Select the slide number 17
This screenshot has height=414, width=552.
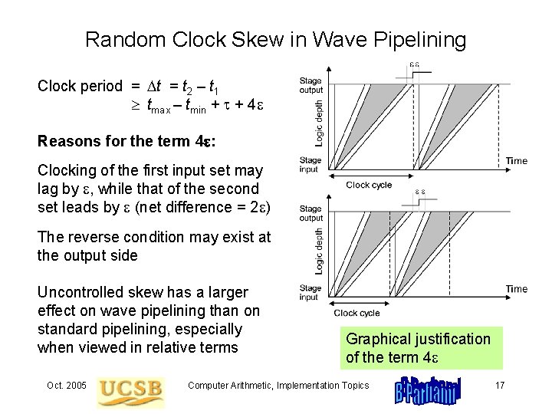click(499, 386)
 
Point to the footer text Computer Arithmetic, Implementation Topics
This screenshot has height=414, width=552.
click(278, 386)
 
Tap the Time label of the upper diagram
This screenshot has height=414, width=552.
click(517, 161)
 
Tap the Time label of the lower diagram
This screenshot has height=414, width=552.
click(517, 289)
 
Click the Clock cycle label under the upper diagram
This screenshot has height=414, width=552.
click(369, 185)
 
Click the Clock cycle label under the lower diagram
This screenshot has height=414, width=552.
click(357, 313)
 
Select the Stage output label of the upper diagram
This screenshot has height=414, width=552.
click(310, 85)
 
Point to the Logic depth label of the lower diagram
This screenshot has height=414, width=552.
click(320, 250)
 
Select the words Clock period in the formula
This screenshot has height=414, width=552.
click(80, 87)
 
